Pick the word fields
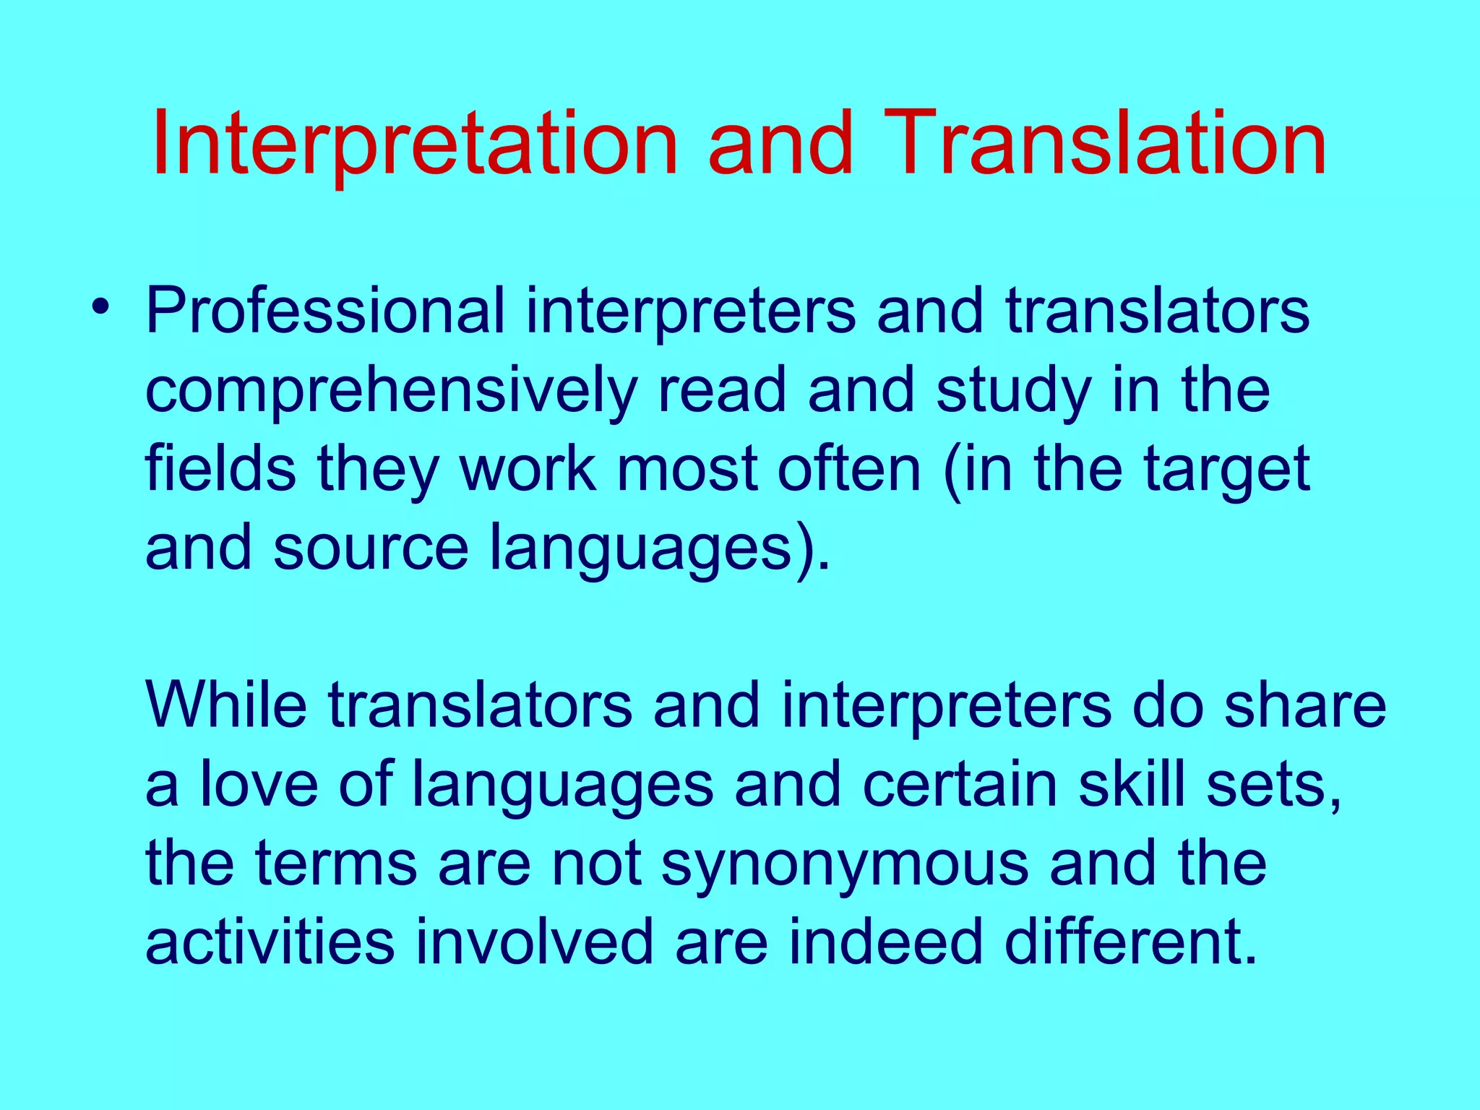220,470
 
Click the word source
371,549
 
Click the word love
259,785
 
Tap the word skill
1132,785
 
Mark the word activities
270,943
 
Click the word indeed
885,943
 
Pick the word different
1131,943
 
